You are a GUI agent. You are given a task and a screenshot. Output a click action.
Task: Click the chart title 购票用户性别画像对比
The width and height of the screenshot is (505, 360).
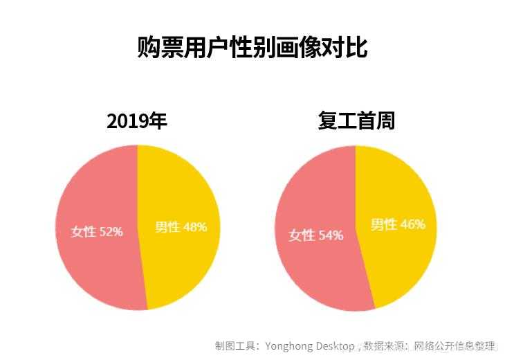coord(252,47)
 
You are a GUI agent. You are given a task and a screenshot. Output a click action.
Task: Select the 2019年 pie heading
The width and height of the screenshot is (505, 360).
coord(137,122)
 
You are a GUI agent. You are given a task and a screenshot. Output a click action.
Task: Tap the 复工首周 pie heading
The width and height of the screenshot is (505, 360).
coord(356,121)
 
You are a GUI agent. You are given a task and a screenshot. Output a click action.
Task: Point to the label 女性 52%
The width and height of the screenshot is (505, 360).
coord(97,231)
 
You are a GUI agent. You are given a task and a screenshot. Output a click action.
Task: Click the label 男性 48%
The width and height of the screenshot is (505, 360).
coord(181,226)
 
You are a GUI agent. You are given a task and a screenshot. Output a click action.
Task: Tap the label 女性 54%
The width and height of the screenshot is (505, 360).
coord(316,235)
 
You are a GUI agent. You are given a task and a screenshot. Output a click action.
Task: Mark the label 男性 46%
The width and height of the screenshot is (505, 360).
coord(398,224)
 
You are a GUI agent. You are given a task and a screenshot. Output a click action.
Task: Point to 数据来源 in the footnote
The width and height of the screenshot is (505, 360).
coord(387,345)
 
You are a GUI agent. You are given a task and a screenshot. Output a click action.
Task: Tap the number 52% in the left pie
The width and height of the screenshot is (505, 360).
coord(111,231)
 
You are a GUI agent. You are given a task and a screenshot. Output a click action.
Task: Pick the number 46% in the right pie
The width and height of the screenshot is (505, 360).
coord(412,224)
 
